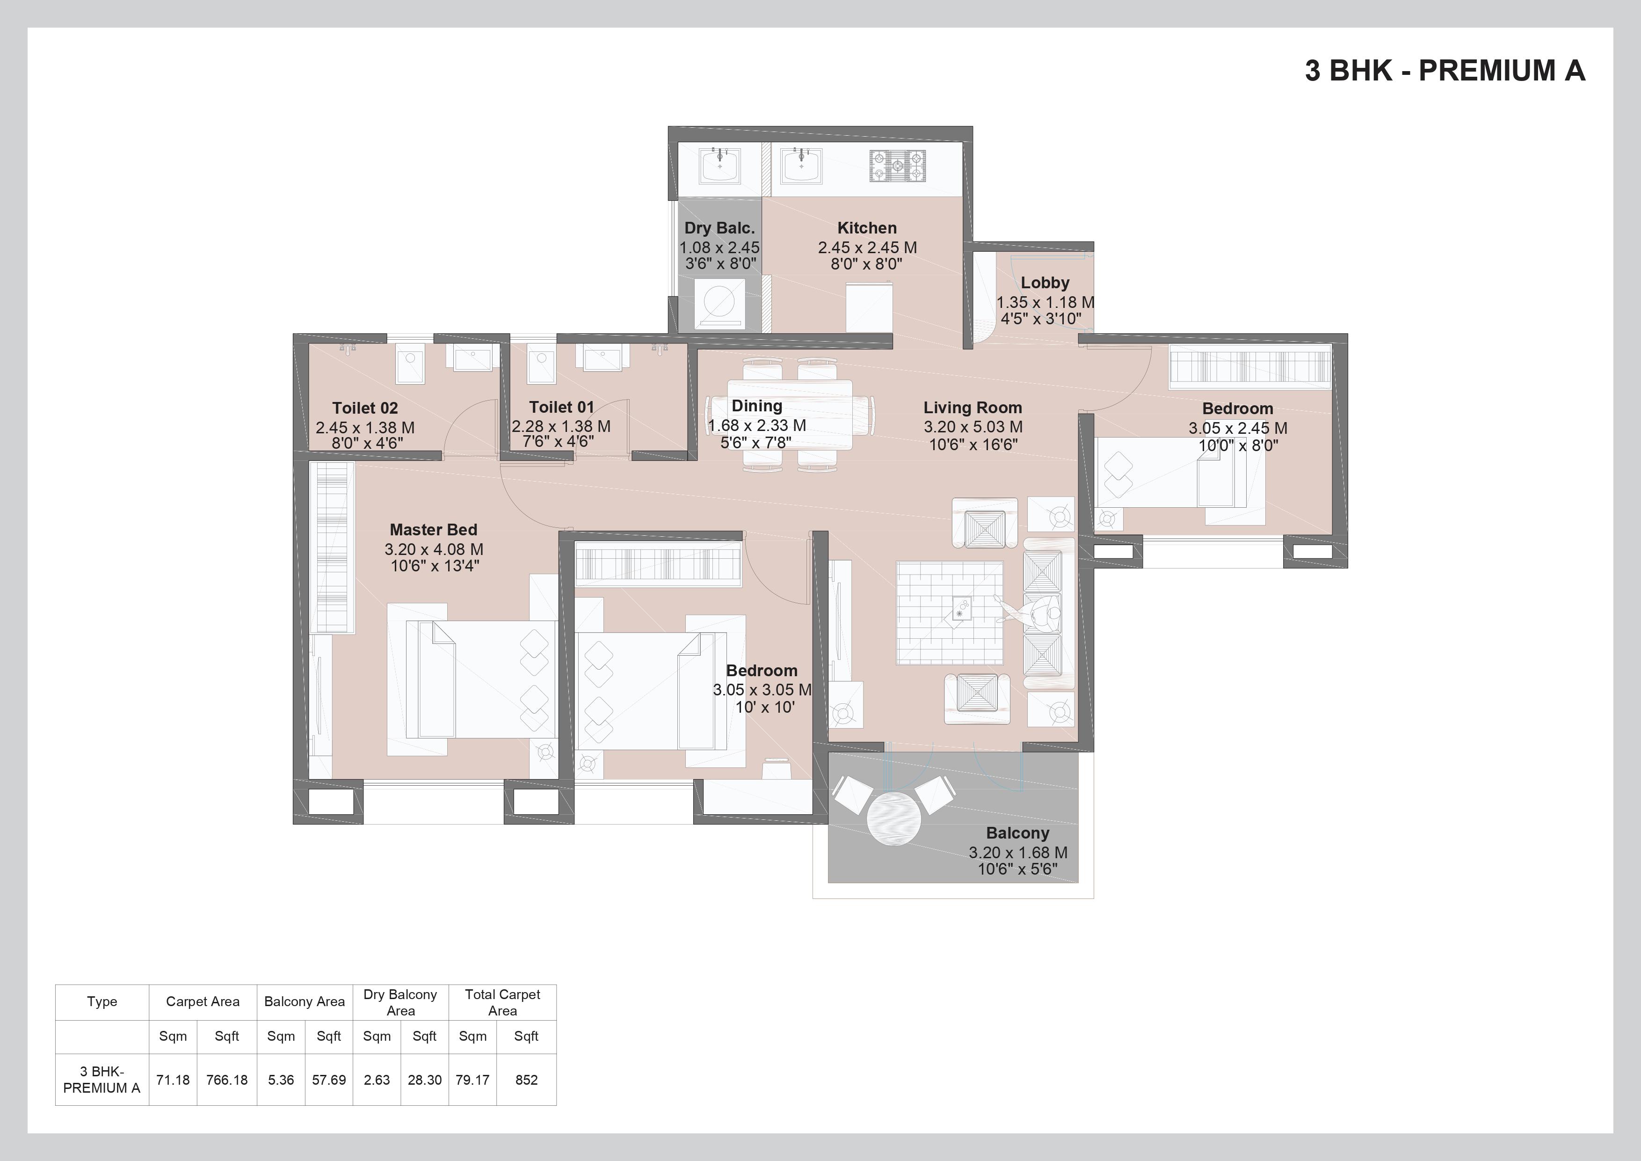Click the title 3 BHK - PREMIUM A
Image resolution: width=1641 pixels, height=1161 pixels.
pos(1445,71)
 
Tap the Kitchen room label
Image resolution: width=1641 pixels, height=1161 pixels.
pos(866,228)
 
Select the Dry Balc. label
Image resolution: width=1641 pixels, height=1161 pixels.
pos(719,228)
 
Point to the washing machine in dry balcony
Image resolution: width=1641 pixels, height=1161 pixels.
pos(719,302)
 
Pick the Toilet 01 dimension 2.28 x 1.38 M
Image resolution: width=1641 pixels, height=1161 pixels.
pos(561,426)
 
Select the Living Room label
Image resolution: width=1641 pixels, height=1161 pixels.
pos(972,408)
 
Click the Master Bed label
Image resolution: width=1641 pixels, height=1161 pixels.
pos(433,530)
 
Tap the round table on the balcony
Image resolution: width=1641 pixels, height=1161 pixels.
pos(895,818)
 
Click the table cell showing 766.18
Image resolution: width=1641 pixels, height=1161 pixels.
pos(226,1080)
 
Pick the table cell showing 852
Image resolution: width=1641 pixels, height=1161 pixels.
pos(526,1080)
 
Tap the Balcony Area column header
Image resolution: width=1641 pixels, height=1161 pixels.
pos(305,1001)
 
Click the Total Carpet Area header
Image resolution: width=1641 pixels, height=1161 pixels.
pos(502,1001)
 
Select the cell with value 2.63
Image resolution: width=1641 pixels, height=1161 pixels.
pos(377,1080)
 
